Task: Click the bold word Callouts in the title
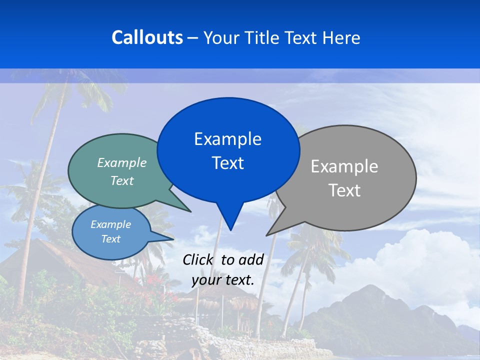tap(147, 37)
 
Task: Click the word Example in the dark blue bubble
tap(227, 139)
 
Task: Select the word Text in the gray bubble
tap(344, 190)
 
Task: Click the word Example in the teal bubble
tap(122, 162)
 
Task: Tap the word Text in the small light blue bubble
tap(110, 239)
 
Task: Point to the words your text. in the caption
tap(223, 280)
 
